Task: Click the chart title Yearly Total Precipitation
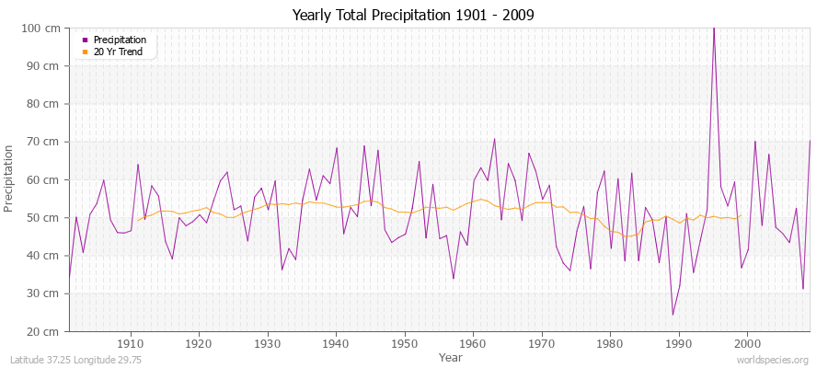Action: pyautogui.click(x=413, y=15)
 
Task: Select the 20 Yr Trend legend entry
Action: pyautogui.click(x=119, y=52)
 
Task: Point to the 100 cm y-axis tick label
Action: pyautogui.click(x=42, y=29)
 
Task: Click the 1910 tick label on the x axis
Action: pyautogui.click(x=131, y=344)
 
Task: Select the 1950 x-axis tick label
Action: pyautogui.click(x=404, y=344)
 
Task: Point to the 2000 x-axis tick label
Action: pyautogui.click(x=746, y=344)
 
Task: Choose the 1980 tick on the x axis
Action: pyautogui.click(x=609, y=344)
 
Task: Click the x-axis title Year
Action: pyautogui.click(x=451, y=357)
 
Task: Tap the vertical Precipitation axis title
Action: pyautogui.click(x=10, y=178)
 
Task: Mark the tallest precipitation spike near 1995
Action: pyautogui.click(x=713, y=29)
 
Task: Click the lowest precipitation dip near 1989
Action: pyautogui.click(x=673, y=315)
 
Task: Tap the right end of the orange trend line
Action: pyautogui.click(x=741, y=216)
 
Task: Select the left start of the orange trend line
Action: pyautogui.click(x=138, y=220)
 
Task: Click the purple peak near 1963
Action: pyautogui.click(x=494, y=139)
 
